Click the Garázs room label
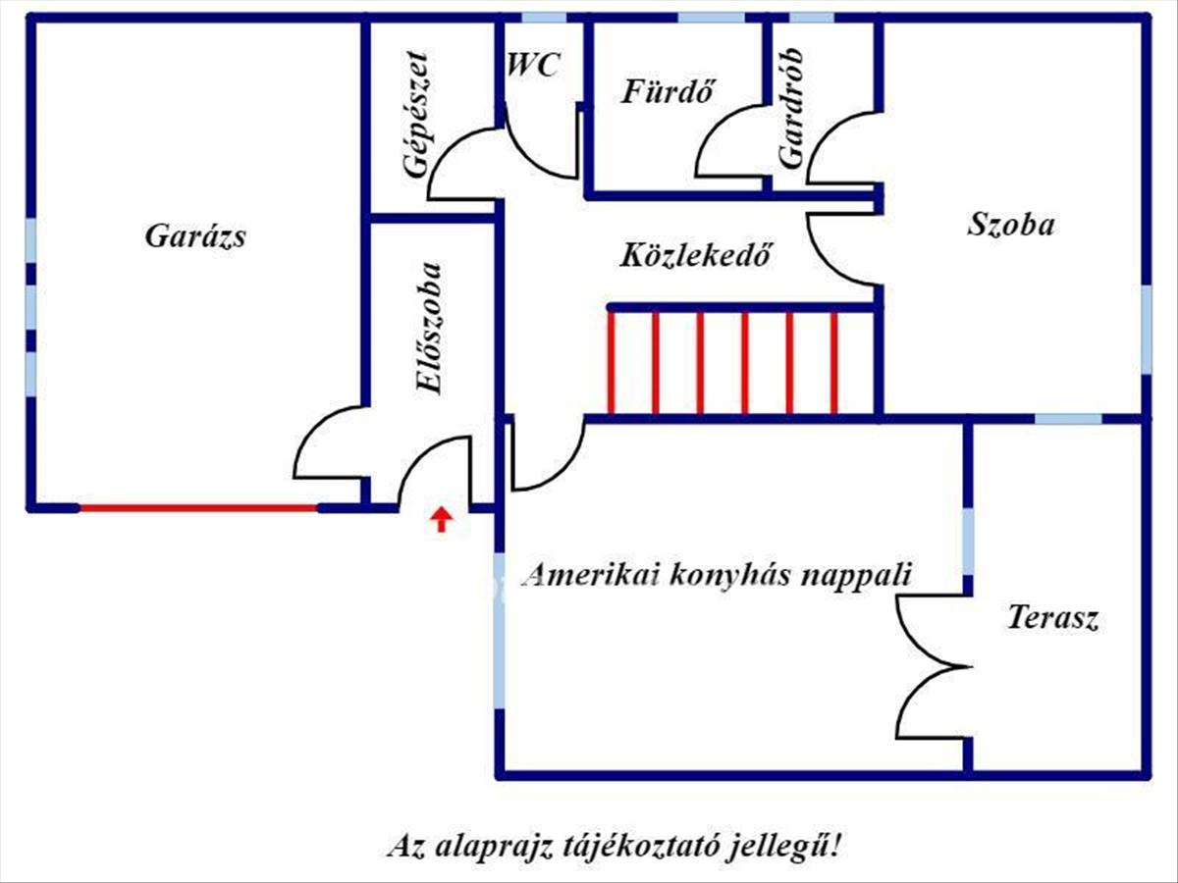pos(195,236)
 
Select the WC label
pos(534,66)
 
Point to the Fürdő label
pos(667,91)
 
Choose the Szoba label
pos(1011,225)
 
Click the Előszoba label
pos(429,329)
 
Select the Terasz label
pos(1052,619)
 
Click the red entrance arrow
pos(442,519)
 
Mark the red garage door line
pos(197,508)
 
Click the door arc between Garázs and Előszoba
pos(326,441)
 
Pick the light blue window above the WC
pos(543,18)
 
